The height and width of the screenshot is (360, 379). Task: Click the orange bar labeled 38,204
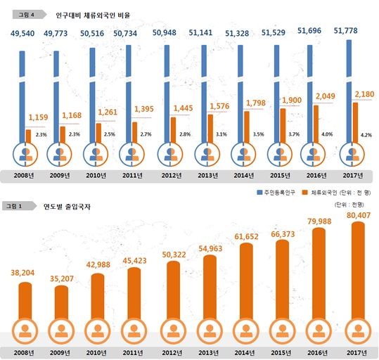(23, 302)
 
